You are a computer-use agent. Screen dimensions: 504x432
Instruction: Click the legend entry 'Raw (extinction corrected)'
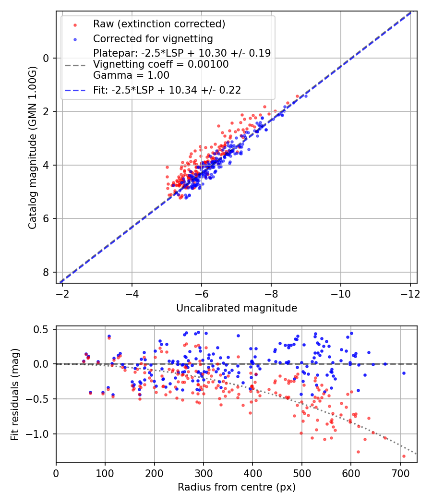[159, 24]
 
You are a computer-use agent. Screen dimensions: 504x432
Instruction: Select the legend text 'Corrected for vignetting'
[153, 38]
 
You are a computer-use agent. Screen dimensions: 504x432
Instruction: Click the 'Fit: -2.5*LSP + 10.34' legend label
[167, 90]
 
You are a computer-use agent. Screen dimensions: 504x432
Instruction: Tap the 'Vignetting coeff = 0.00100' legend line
[160, 64]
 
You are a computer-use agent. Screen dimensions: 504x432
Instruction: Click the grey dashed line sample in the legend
[75, 64]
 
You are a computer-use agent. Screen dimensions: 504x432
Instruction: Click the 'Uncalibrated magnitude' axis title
[237, 308]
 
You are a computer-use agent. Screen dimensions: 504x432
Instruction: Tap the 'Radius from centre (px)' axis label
[237, 487]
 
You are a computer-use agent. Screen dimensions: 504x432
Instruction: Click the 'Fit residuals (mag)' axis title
[14, 394]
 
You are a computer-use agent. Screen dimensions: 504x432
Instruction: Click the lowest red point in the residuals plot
[404, 456]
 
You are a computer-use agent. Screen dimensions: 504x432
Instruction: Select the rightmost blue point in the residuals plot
[404, 373]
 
